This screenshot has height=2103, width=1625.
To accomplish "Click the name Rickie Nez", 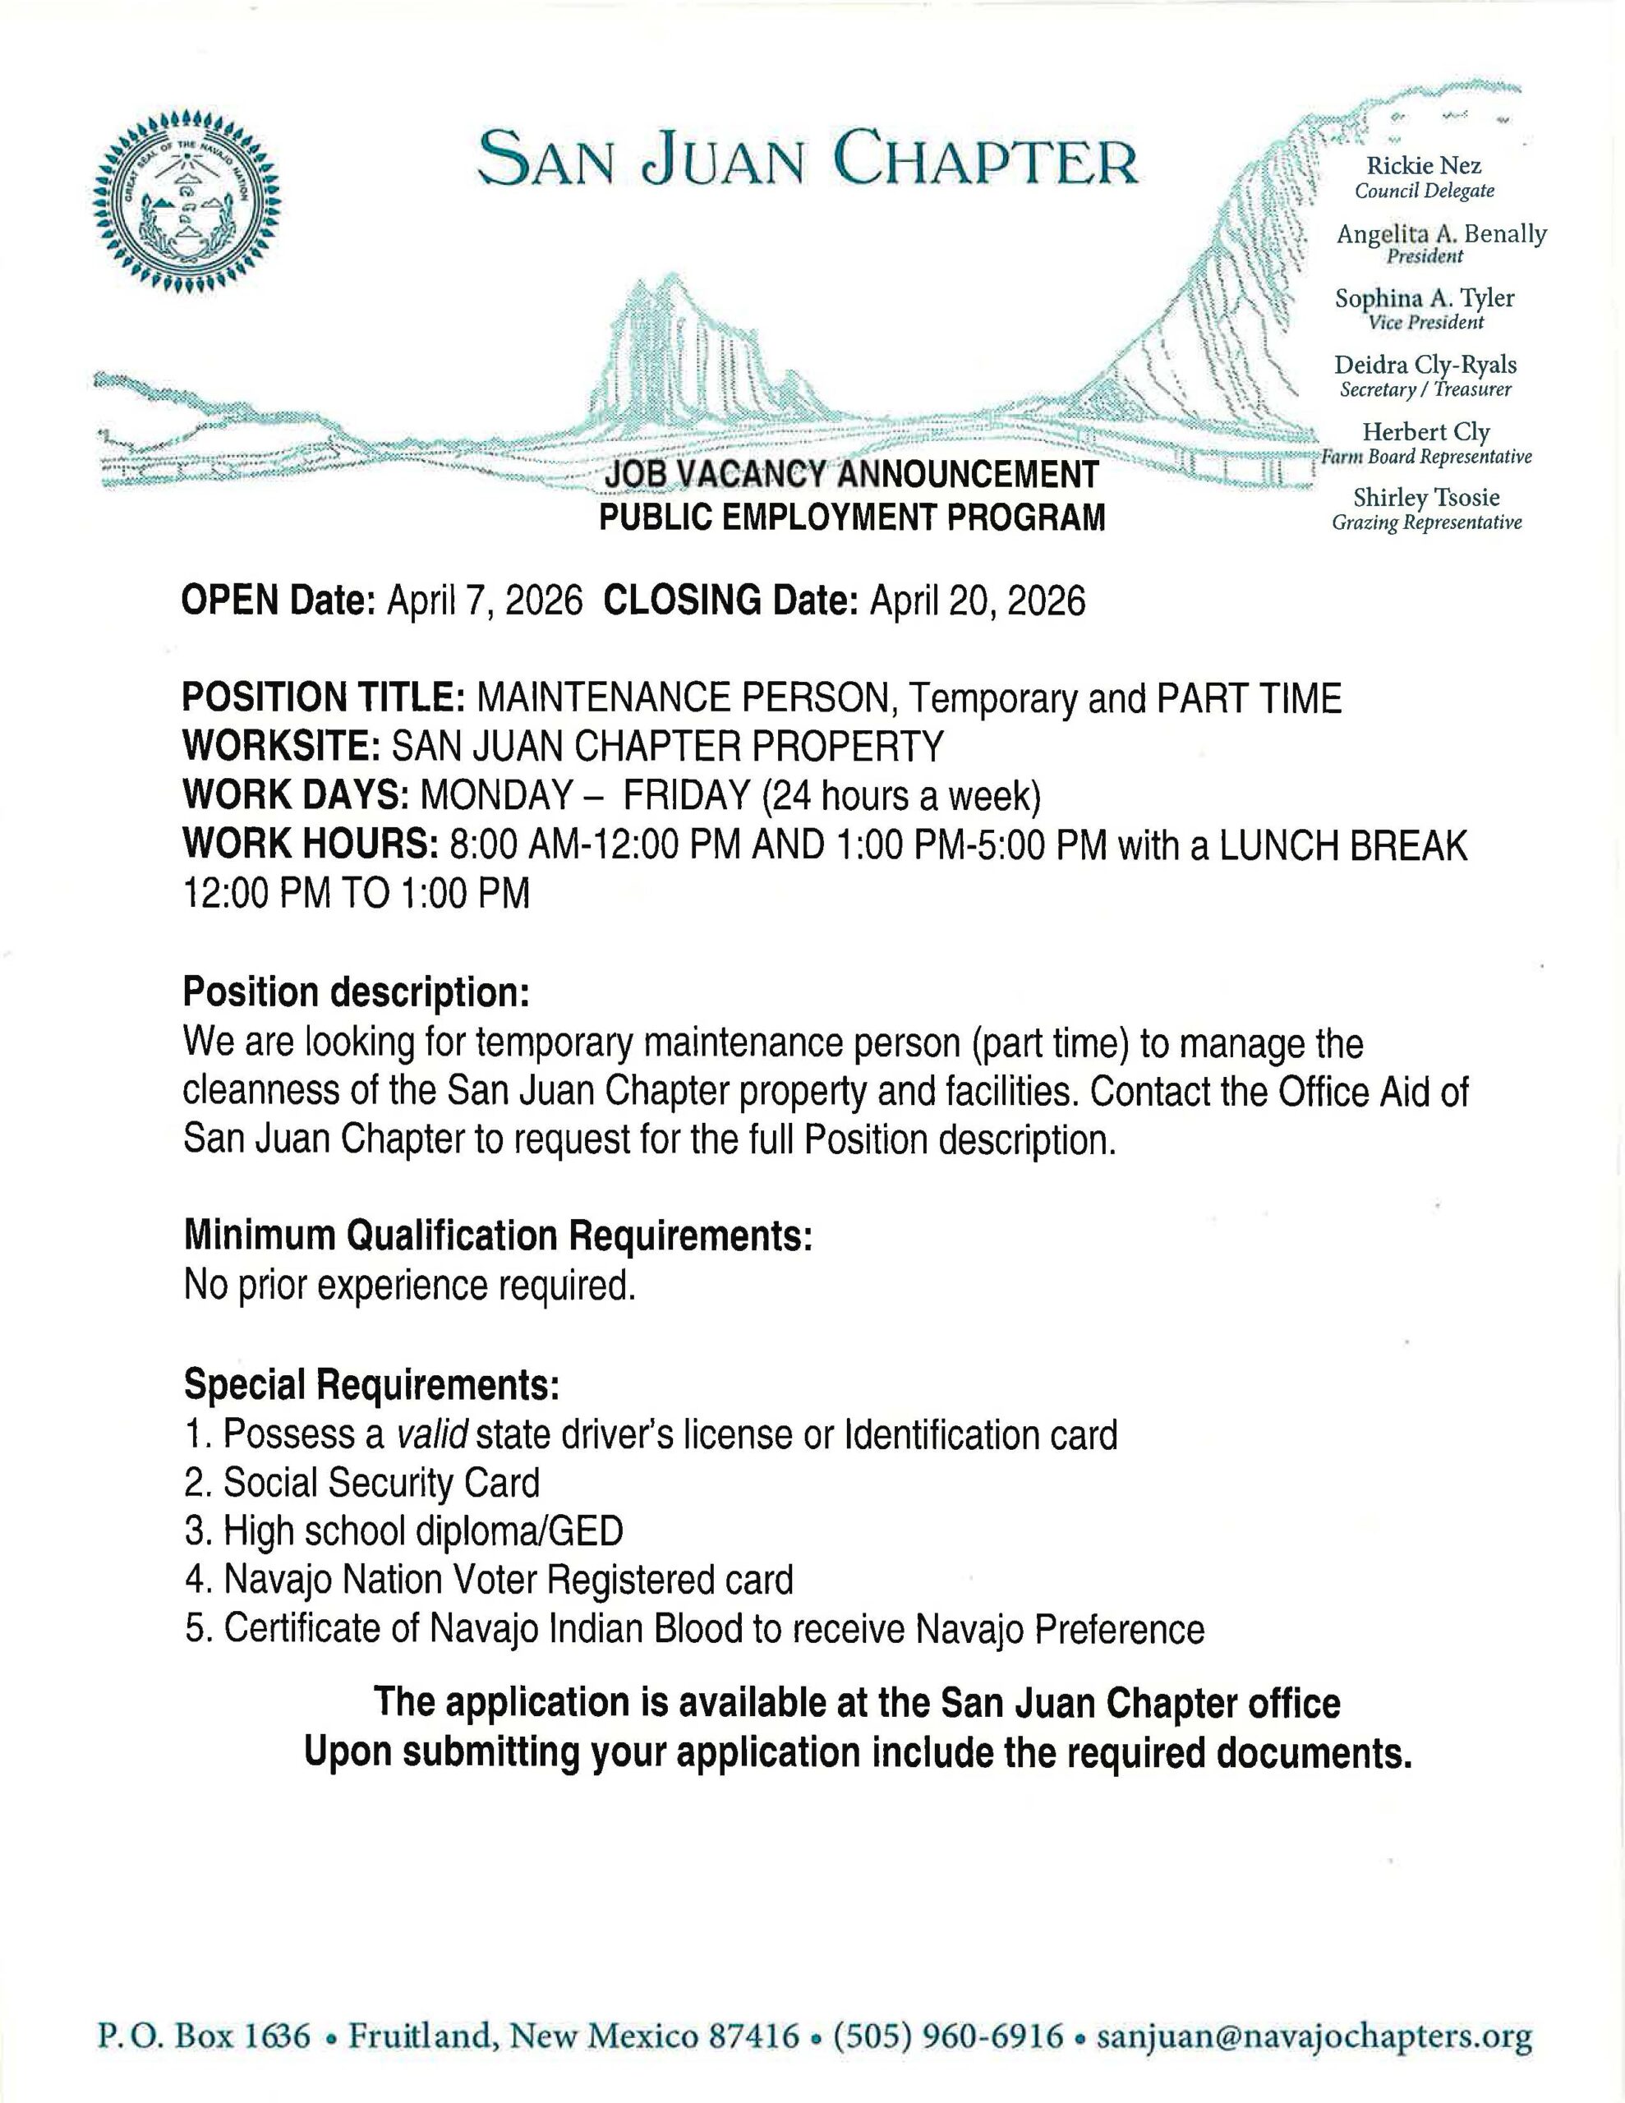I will [1424, 167].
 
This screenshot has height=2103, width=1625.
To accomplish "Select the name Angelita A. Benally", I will [1441, 234].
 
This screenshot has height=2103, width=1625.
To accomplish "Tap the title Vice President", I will [1425, 323].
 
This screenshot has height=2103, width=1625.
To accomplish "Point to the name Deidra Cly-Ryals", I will [1425, 365].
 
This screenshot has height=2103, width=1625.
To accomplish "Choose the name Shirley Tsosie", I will [1425, 498].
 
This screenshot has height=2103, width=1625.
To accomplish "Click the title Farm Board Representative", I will [1425, 457].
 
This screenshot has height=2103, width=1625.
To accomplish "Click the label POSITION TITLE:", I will [324, 698].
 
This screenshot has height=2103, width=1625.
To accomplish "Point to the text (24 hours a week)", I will [901, 795].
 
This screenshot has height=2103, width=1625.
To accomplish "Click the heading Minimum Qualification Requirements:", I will [498, 1236].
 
